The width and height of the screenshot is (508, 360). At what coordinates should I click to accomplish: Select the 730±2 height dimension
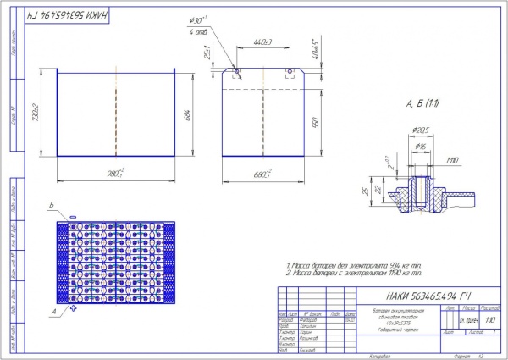(36, 113)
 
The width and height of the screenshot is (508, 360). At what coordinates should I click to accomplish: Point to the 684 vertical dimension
(186, 113)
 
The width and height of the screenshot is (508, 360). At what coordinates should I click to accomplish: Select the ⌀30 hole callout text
(199, 20)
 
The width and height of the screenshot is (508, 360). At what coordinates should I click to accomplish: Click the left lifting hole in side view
(237, 70)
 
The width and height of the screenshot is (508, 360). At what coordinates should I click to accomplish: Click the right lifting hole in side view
(290, 70)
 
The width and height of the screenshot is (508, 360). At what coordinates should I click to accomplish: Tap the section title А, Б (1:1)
(421, 103)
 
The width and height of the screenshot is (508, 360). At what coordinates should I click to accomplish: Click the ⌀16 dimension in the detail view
(421, 146)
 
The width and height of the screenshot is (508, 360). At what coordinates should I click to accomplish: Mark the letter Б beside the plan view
(53, 206)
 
